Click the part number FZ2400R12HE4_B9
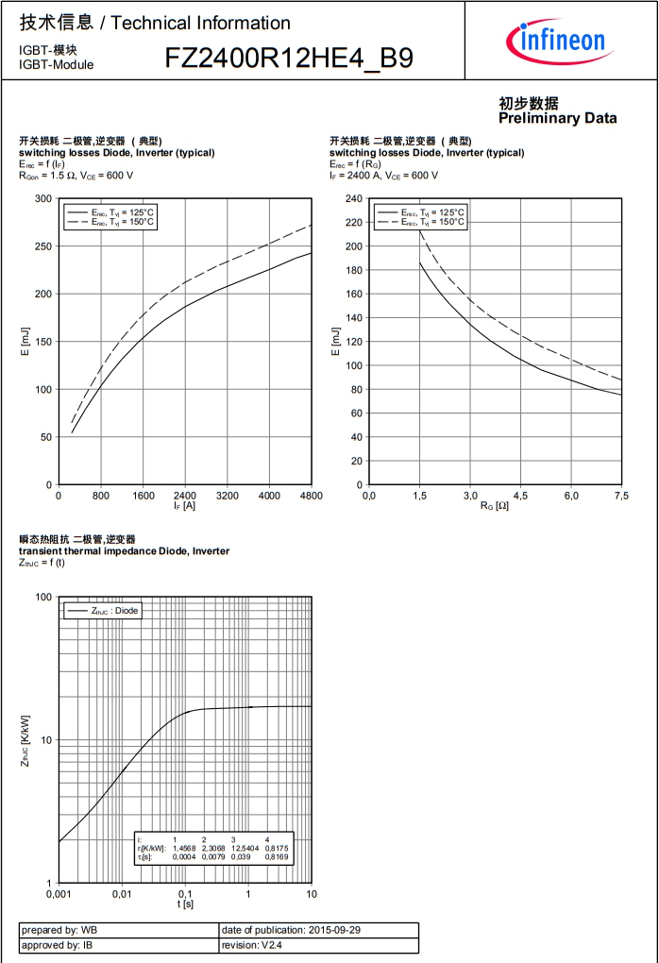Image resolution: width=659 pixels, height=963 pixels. point(289,59)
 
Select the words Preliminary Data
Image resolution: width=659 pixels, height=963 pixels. point(557,118)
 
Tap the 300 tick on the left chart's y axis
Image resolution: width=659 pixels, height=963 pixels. point(43,198)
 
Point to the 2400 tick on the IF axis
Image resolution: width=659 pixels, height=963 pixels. point(185,495)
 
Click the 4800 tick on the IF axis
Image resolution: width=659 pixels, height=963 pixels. point(311,495)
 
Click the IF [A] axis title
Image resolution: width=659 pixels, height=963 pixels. point(185,506)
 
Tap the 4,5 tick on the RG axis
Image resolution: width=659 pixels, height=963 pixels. point(520,495)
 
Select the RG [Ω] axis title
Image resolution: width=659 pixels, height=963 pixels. point(495,506)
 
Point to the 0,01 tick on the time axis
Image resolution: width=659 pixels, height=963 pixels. point(121,893)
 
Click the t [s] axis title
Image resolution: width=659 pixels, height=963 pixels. point(185,904)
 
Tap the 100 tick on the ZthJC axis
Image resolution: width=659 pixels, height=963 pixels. point(42,598)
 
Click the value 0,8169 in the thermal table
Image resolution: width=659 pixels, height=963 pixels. point(276,857)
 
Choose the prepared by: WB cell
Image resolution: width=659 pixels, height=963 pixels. point(118,930)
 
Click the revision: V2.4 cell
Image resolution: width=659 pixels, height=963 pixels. point(318,945)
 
